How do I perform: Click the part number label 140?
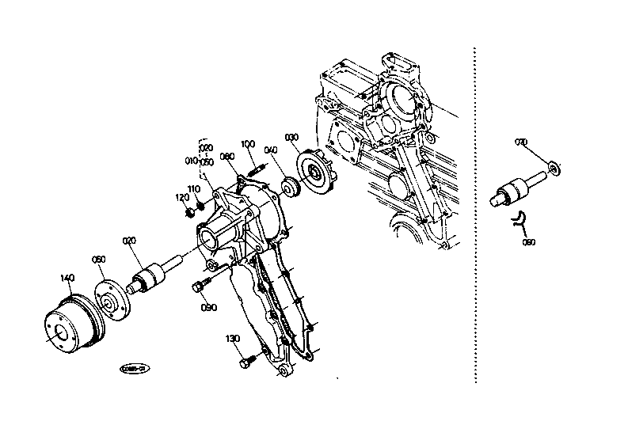tap(67, 278)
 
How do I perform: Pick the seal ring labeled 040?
tap(291, 188)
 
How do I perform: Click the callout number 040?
tap(271, 149)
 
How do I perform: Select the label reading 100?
tap(248, 143)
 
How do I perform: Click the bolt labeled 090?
tap(200, 286)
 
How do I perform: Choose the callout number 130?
tap(232, 338)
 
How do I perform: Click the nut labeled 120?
tap(189, 213)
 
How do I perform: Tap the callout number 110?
tap(193, 188)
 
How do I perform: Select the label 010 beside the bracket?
tap(191, 161)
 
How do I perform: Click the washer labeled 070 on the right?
tap(554, 168)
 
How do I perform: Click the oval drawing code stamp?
tap(135, 368)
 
